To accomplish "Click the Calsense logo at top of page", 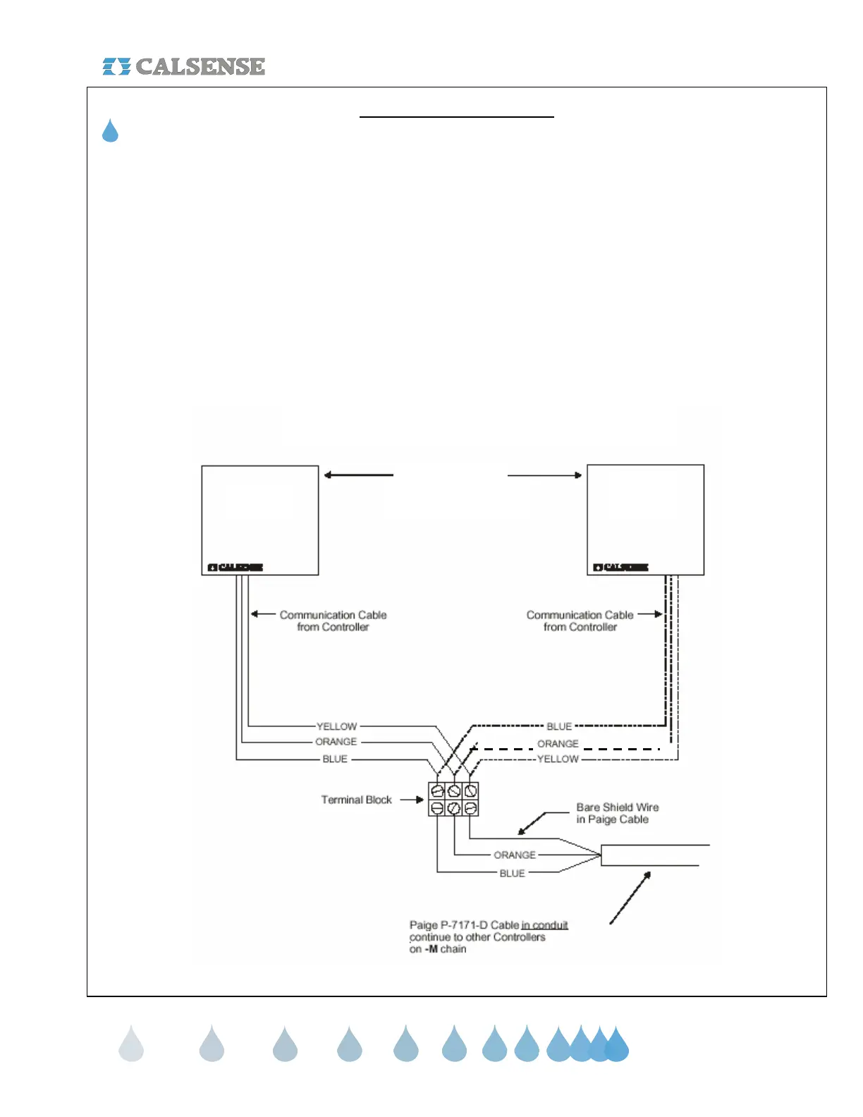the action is pyautogui.click(x=184, y=66).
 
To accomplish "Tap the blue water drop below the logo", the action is pyautogui.click(x=110, y=132).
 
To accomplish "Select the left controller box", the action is pyautogui.click(x=259, y=520).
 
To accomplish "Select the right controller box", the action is pyautogui.click(x=645, y=520).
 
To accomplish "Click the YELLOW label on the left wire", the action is pyautogui.click(x=336, y=726).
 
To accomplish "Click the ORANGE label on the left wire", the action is pyautogui.click(x=336, y=742).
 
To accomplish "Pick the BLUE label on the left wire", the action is pyautogui.click(x=335, y=759).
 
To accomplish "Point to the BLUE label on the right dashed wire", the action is pyautogui.click(x=559, y=726).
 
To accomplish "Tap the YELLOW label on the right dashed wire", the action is pyautogui.click(x=558, y=759).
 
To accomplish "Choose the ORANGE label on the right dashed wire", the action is pyautogui.click(x=558, y=744).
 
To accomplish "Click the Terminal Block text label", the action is pyautogui.click(x=356, y=800).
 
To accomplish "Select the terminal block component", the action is pyautogui.click(x=453, y=799).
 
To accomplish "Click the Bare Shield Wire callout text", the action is pyautogui.click(x=617, y=813).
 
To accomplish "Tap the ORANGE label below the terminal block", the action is pyautogui.click(x=515, y=855).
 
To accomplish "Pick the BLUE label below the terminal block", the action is pyautogui.click(x=512, y=873).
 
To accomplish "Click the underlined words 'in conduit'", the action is pyautogui.click(x=544, y=925).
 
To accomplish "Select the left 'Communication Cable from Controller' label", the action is pyautogui.click(x=333, y=621).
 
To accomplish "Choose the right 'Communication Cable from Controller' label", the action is pyautogui.click(x=580, y=621).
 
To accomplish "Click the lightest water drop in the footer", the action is pyautogui.click(x=131, y=1044).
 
